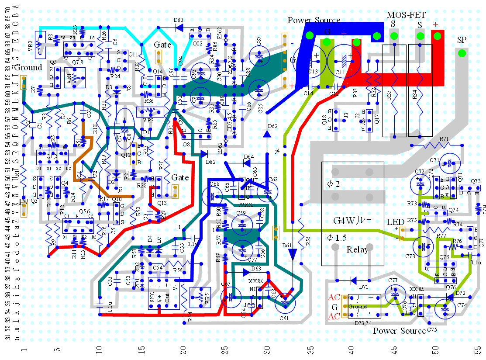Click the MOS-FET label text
point(406,15)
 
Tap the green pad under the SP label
point(462,53)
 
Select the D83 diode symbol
point(178,28)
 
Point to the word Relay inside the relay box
point(357,250)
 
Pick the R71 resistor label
point(444,139)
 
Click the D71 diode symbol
point(353,280)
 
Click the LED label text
point(395,222)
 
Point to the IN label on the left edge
point(24,201)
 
